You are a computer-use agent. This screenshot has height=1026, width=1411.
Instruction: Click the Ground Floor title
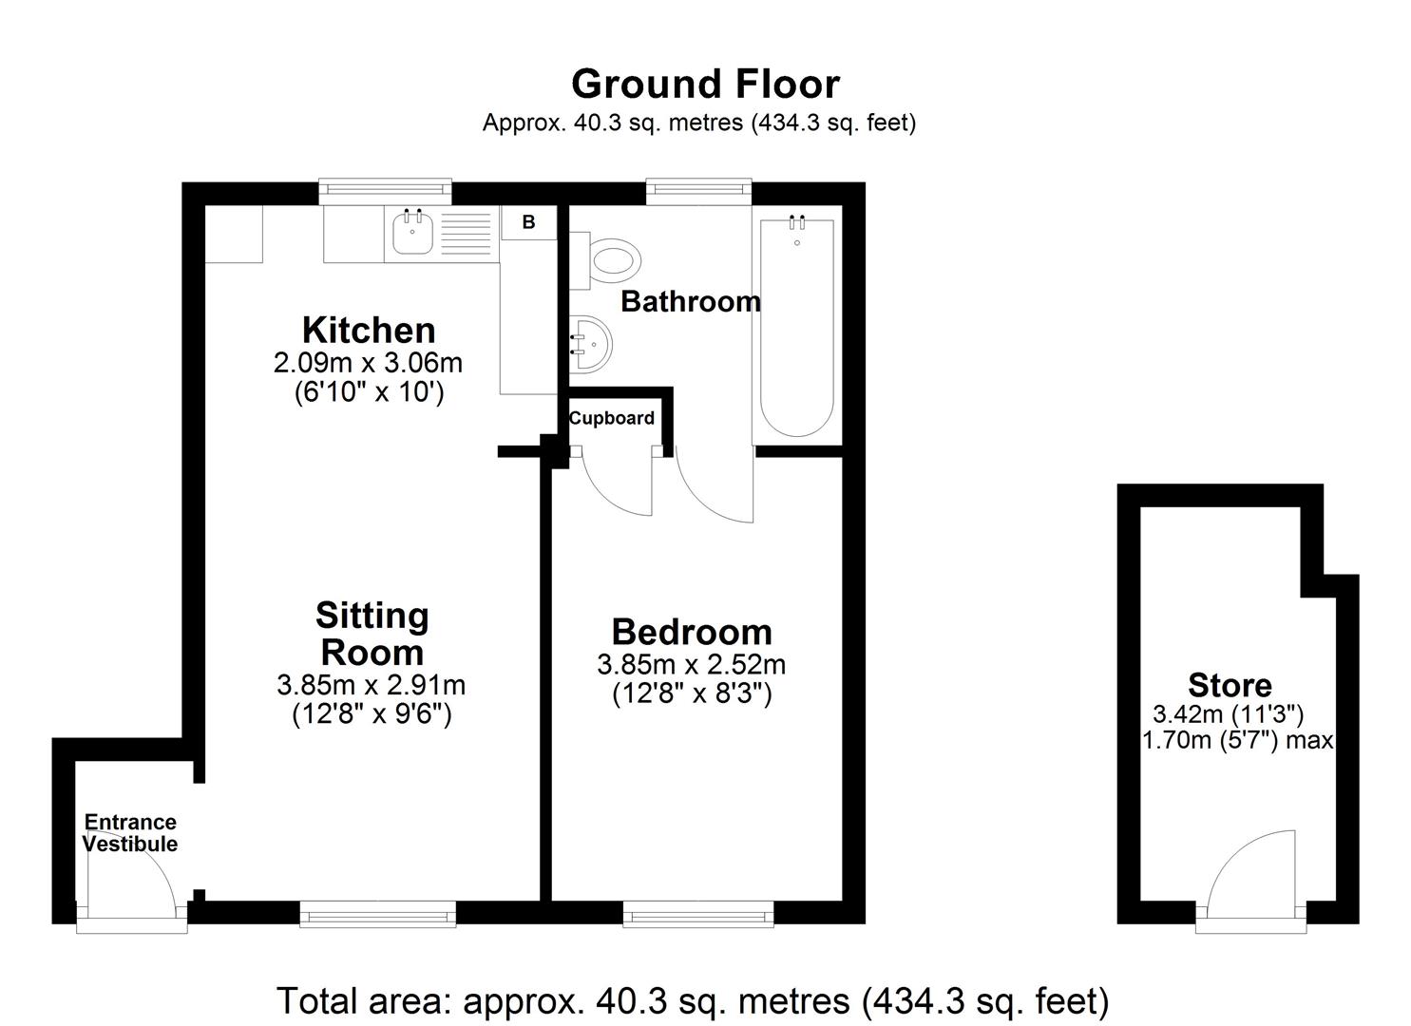[705, 85]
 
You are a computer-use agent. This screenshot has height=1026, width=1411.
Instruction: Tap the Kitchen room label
[369, 330]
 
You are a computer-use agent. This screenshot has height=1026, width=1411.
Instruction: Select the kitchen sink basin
[412, 232]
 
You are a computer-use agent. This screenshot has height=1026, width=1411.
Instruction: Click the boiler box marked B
[528, 222]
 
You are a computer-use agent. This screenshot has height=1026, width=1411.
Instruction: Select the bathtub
[796, 327]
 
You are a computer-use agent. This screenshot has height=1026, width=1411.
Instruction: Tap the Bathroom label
[690, 302]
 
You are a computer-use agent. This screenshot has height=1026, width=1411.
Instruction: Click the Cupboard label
[611, 418]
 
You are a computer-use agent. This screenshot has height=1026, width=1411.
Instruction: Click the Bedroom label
[691, 632]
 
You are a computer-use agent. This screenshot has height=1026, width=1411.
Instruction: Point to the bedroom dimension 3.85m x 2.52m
[691, 664]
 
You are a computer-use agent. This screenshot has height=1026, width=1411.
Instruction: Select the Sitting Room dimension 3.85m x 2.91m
[371, 684]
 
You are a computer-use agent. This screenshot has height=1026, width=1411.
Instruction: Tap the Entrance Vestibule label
[130, 833]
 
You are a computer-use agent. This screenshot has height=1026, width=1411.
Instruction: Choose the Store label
[1230, 685]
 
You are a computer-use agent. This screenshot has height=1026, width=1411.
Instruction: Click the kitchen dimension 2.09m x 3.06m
[368, 362]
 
